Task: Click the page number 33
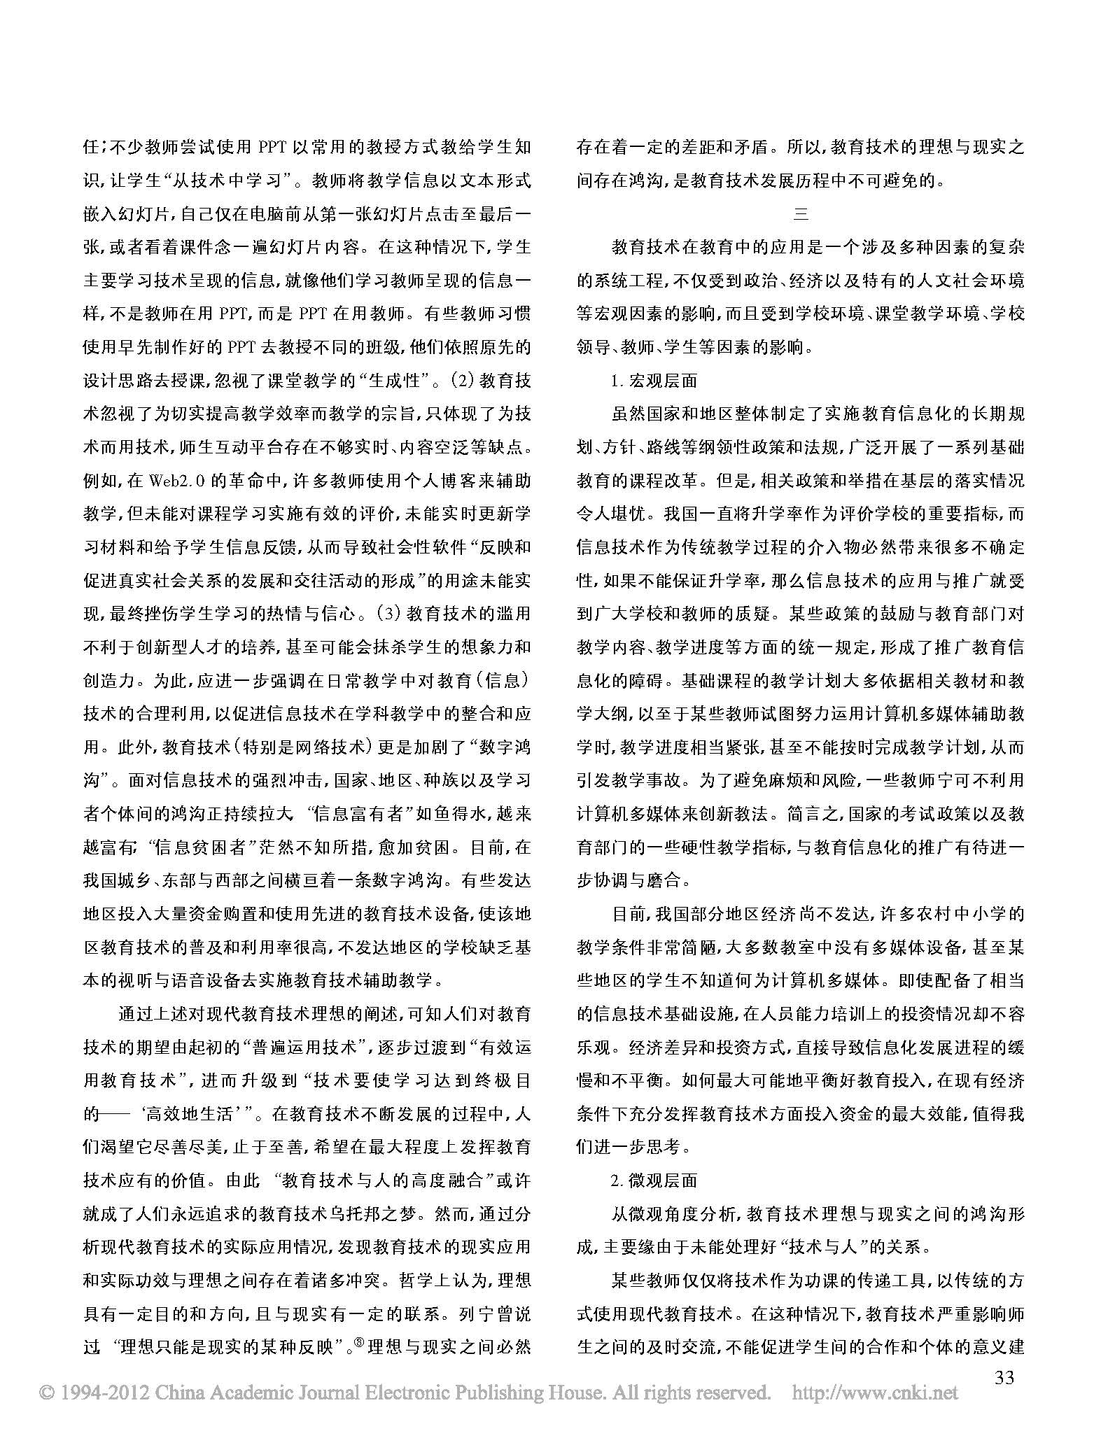1004,1378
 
